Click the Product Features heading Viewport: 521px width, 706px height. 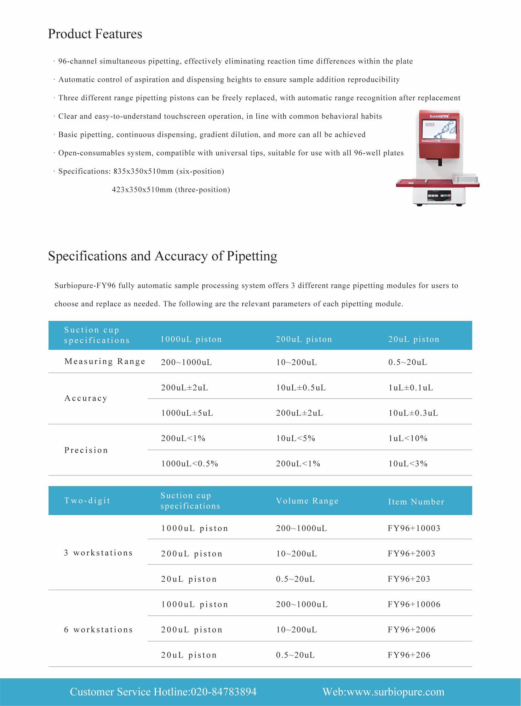[x=95, y=34]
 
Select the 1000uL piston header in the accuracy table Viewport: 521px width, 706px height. [x=191, y=339]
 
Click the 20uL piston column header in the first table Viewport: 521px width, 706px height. [x=414, y=339]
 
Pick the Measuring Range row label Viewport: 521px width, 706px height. [x=105, y=361]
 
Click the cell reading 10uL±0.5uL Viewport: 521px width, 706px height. [x=301, y=388]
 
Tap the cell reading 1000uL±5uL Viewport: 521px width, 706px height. [x=187, y=413]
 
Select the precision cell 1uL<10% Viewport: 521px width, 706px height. [x=408, y=438]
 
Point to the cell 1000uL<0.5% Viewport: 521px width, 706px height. [x=190, y=464]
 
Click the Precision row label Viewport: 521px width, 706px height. [x=86, y=450]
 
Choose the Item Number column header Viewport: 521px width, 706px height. [x=416, y=502]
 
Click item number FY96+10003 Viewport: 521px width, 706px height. [x=414, y=528]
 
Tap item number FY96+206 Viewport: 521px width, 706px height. [x=409, y=655]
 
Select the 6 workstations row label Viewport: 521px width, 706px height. [x=98, y=630]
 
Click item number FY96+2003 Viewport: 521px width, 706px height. [x=411, y=553]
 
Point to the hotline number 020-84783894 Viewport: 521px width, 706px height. [x=224, y=692]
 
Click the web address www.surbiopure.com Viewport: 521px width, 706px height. [x=396, y=692]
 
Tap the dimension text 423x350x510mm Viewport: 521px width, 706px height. [x=142, y=190]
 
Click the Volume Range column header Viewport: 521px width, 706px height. [x=307, y=501]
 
